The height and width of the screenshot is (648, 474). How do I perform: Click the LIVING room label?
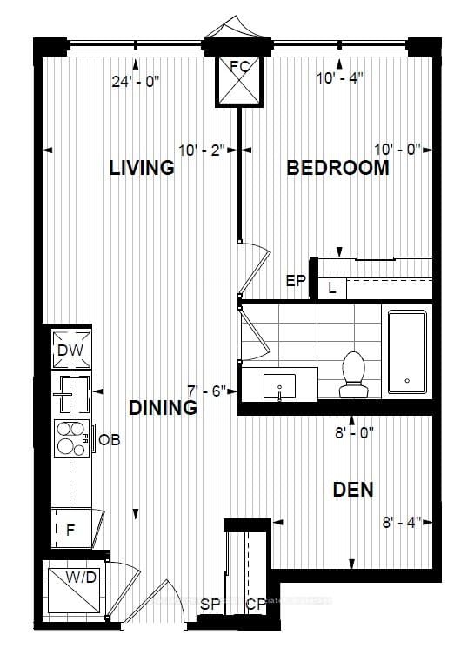coord(142,168)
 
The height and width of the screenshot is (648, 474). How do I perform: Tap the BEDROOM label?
coord(338,168)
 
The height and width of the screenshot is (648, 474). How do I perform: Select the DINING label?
coord(163,407)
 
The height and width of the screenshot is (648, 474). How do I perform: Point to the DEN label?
coord(353,490)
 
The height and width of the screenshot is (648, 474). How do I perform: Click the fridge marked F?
coord(71,528)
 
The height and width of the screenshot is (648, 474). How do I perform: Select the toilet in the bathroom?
coord(354,375)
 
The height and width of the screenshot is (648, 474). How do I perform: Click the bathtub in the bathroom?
coord(407,352)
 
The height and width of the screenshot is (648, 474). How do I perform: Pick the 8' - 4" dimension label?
coord(401,522)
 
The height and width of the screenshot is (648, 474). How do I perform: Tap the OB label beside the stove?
coord(109,440)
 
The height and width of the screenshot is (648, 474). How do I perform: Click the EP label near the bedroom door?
coord(297,280)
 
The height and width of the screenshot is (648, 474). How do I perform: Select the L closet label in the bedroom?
coord(332,288)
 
